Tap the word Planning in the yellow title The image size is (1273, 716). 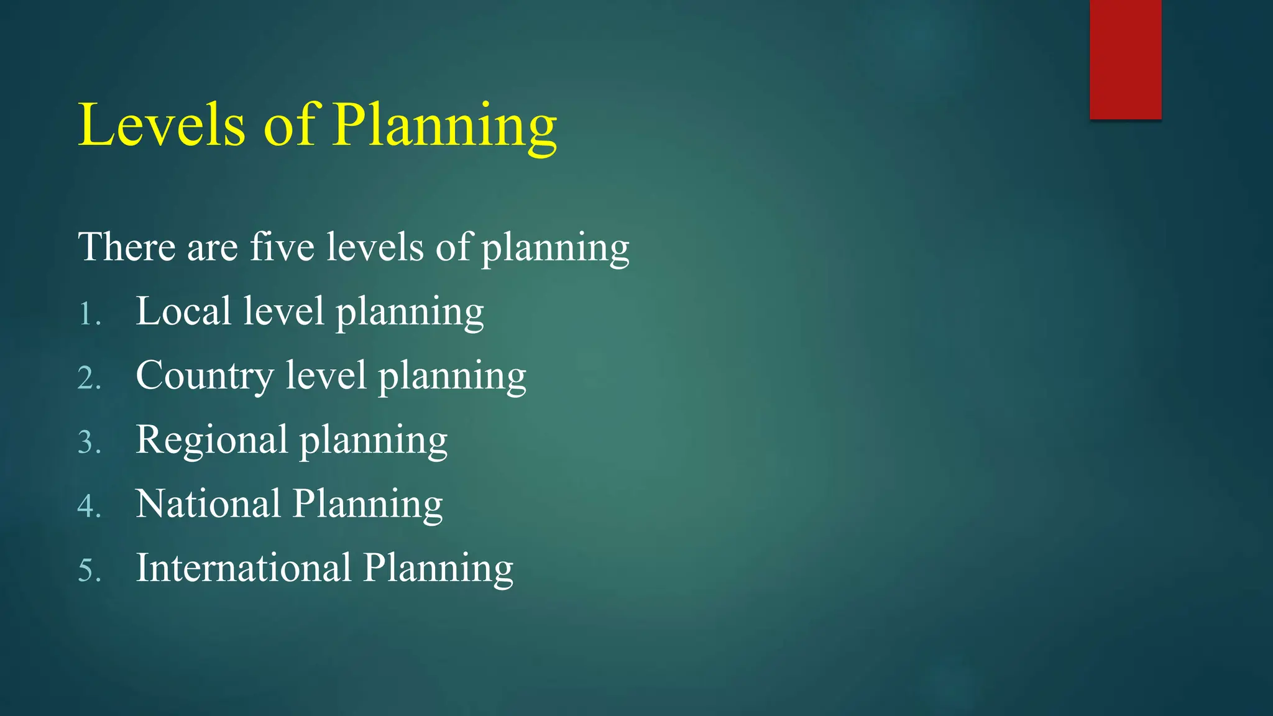pos(444,126)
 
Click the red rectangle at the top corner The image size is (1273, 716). pos(1125,59)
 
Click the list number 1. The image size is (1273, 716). pos(89,314)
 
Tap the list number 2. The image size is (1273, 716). pos(89,378)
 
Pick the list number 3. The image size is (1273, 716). pos(89,442)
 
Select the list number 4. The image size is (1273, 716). pos(89,506)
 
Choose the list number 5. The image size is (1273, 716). pos(89,570)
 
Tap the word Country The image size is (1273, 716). pos(205,376)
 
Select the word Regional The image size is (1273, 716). pos(211,440)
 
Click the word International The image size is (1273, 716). pos(244,567)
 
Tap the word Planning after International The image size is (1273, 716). pos(438,569)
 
